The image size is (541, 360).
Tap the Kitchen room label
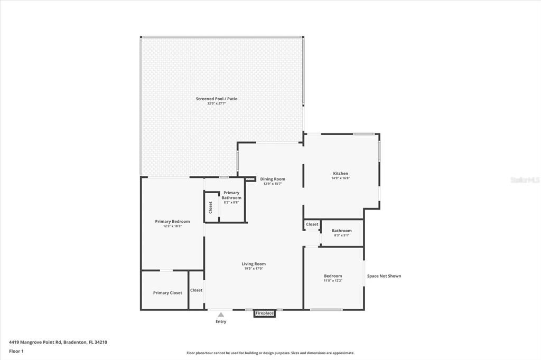(x=340, y=174)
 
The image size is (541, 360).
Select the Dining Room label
(x=272, y=179)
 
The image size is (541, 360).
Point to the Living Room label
(x=254, y=264)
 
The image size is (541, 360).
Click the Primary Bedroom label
(x=172, y=221)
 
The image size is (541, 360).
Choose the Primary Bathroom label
(x=231, y=195)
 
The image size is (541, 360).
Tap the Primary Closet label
(x=167, y=293)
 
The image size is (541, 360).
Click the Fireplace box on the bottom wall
(x=265, y=314)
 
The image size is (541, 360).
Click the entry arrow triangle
(x=221, y=315)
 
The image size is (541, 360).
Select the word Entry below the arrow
(x=221, y=321)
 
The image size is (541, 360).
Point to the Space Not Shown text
(x=384, y=276)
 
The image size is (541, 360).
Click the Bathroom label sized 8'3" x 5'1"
(x=341, y=231)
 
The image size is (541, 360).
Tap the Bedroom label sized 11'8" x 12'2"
(x=333, y=276)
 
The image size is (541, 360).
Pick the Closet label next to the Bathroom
(x=312, y=224)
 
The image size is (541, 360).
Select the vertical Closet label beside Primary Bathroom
(x=210, y=207)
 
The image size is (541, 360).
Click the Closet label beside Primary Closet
(x=197, y=290)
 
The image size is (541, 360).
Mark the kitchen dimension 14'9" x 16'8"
(x=340, y=178)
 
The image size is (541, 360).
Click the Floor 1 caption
(x=16, y=351)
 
